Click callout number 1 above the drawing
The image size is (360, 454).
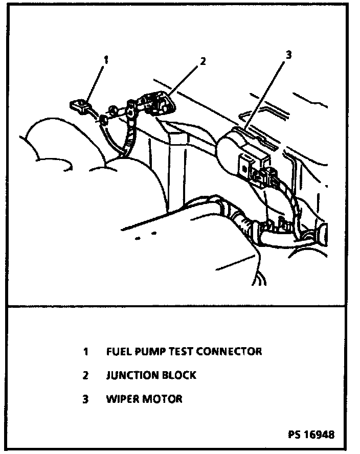(106, 60)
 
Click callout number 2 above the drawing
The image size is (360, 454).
(202, 61)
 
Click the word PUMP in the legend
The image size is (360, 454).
(146, 351)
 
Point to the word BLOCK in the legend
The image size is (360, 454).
(179, 375)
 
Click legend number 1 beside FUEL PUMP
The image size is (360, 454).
(85, 351)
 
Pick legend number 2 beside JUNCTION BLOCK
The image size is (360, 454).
(85, 375)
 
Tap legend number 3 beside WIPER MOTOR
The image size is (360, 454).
(85, 399)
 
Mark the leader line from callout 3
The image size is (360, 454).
(266, 94)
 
